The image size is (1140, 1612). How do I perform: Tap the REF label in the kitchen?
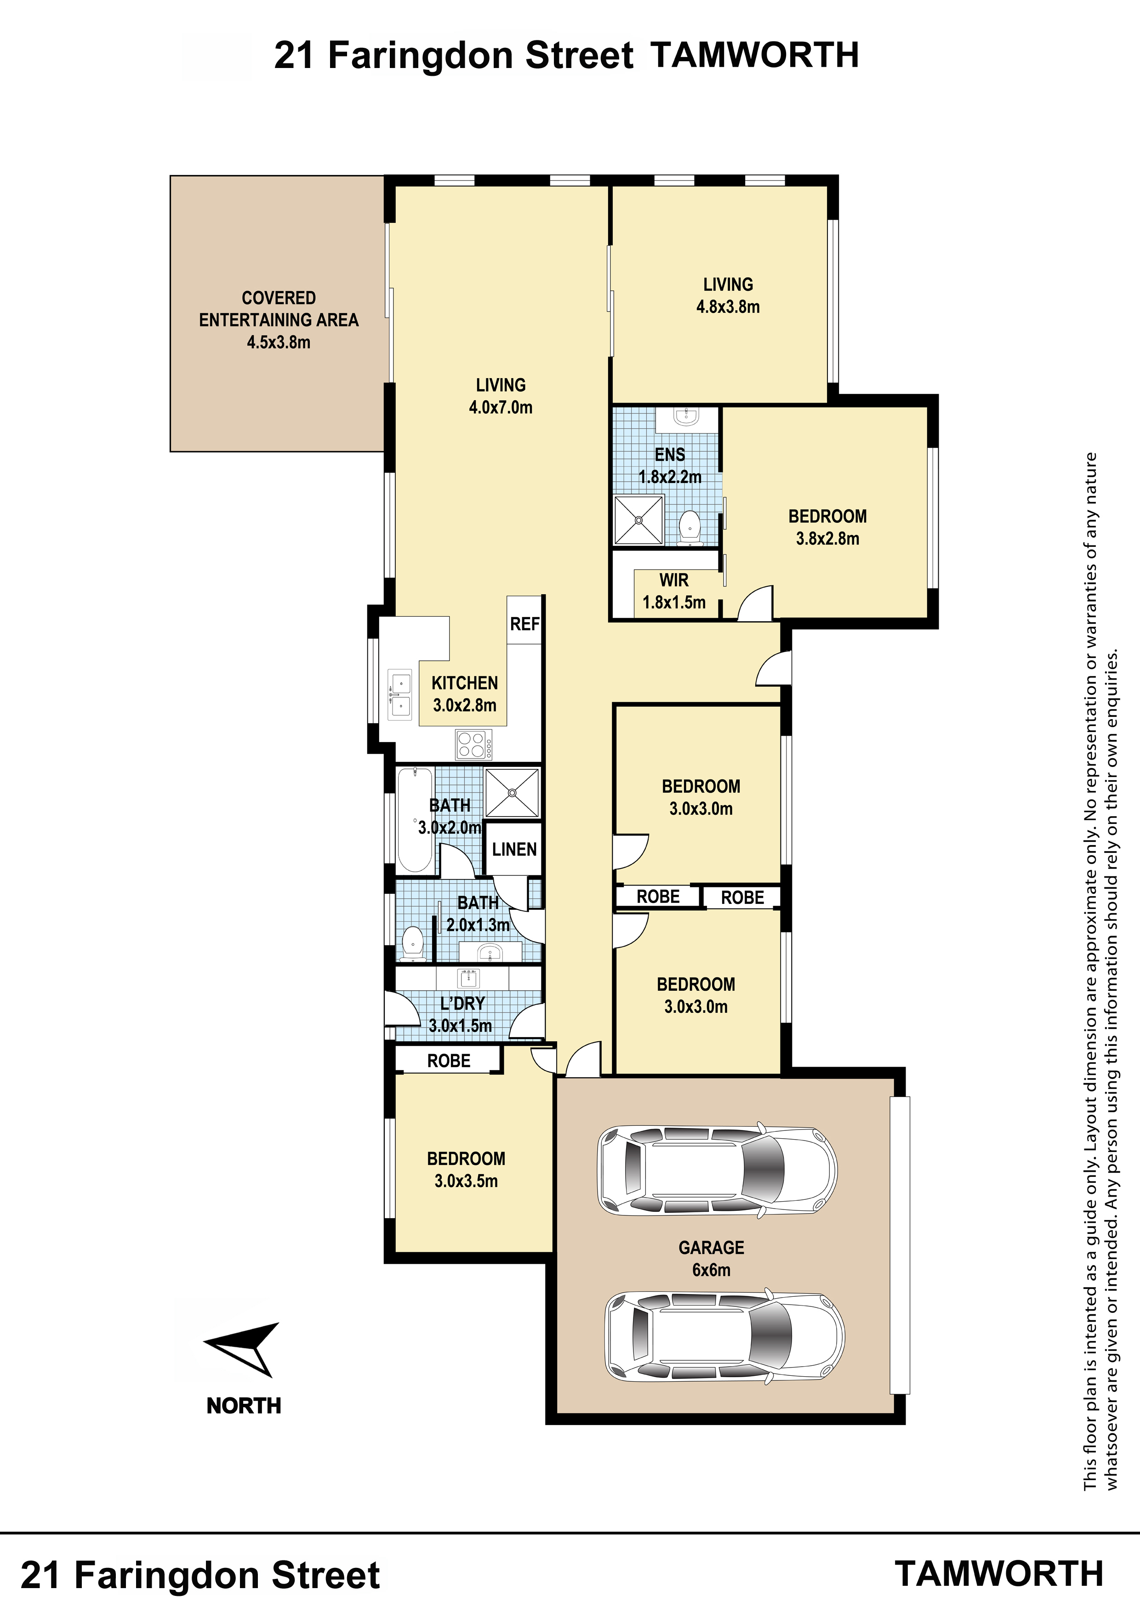pos(524,624)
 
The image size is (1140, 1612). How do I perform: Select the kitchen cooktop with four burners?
pos(473,744)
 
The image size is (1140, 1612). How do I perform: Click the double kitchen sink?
pos(400,694)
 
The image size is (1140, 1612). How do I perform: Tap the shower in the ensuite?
pos(638,520)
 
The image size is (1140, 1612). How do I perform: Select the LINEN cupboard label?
pos(514,850)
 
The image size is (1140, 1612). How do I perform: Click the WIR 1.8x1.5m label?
pos(673,591)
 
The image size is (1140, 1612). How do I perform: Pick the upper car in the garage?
pos(717,1171)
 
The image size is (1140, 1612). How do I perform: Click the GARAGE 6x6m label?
pos(711,1258)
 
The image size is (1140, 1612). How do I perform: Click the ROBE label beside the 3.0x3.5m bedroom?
pos(449,1061)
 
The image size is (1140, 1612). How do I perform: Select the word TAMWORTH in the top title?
pos(754,56)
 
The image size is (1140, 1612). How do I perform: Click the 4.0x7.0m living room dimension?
pos(500,407)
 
